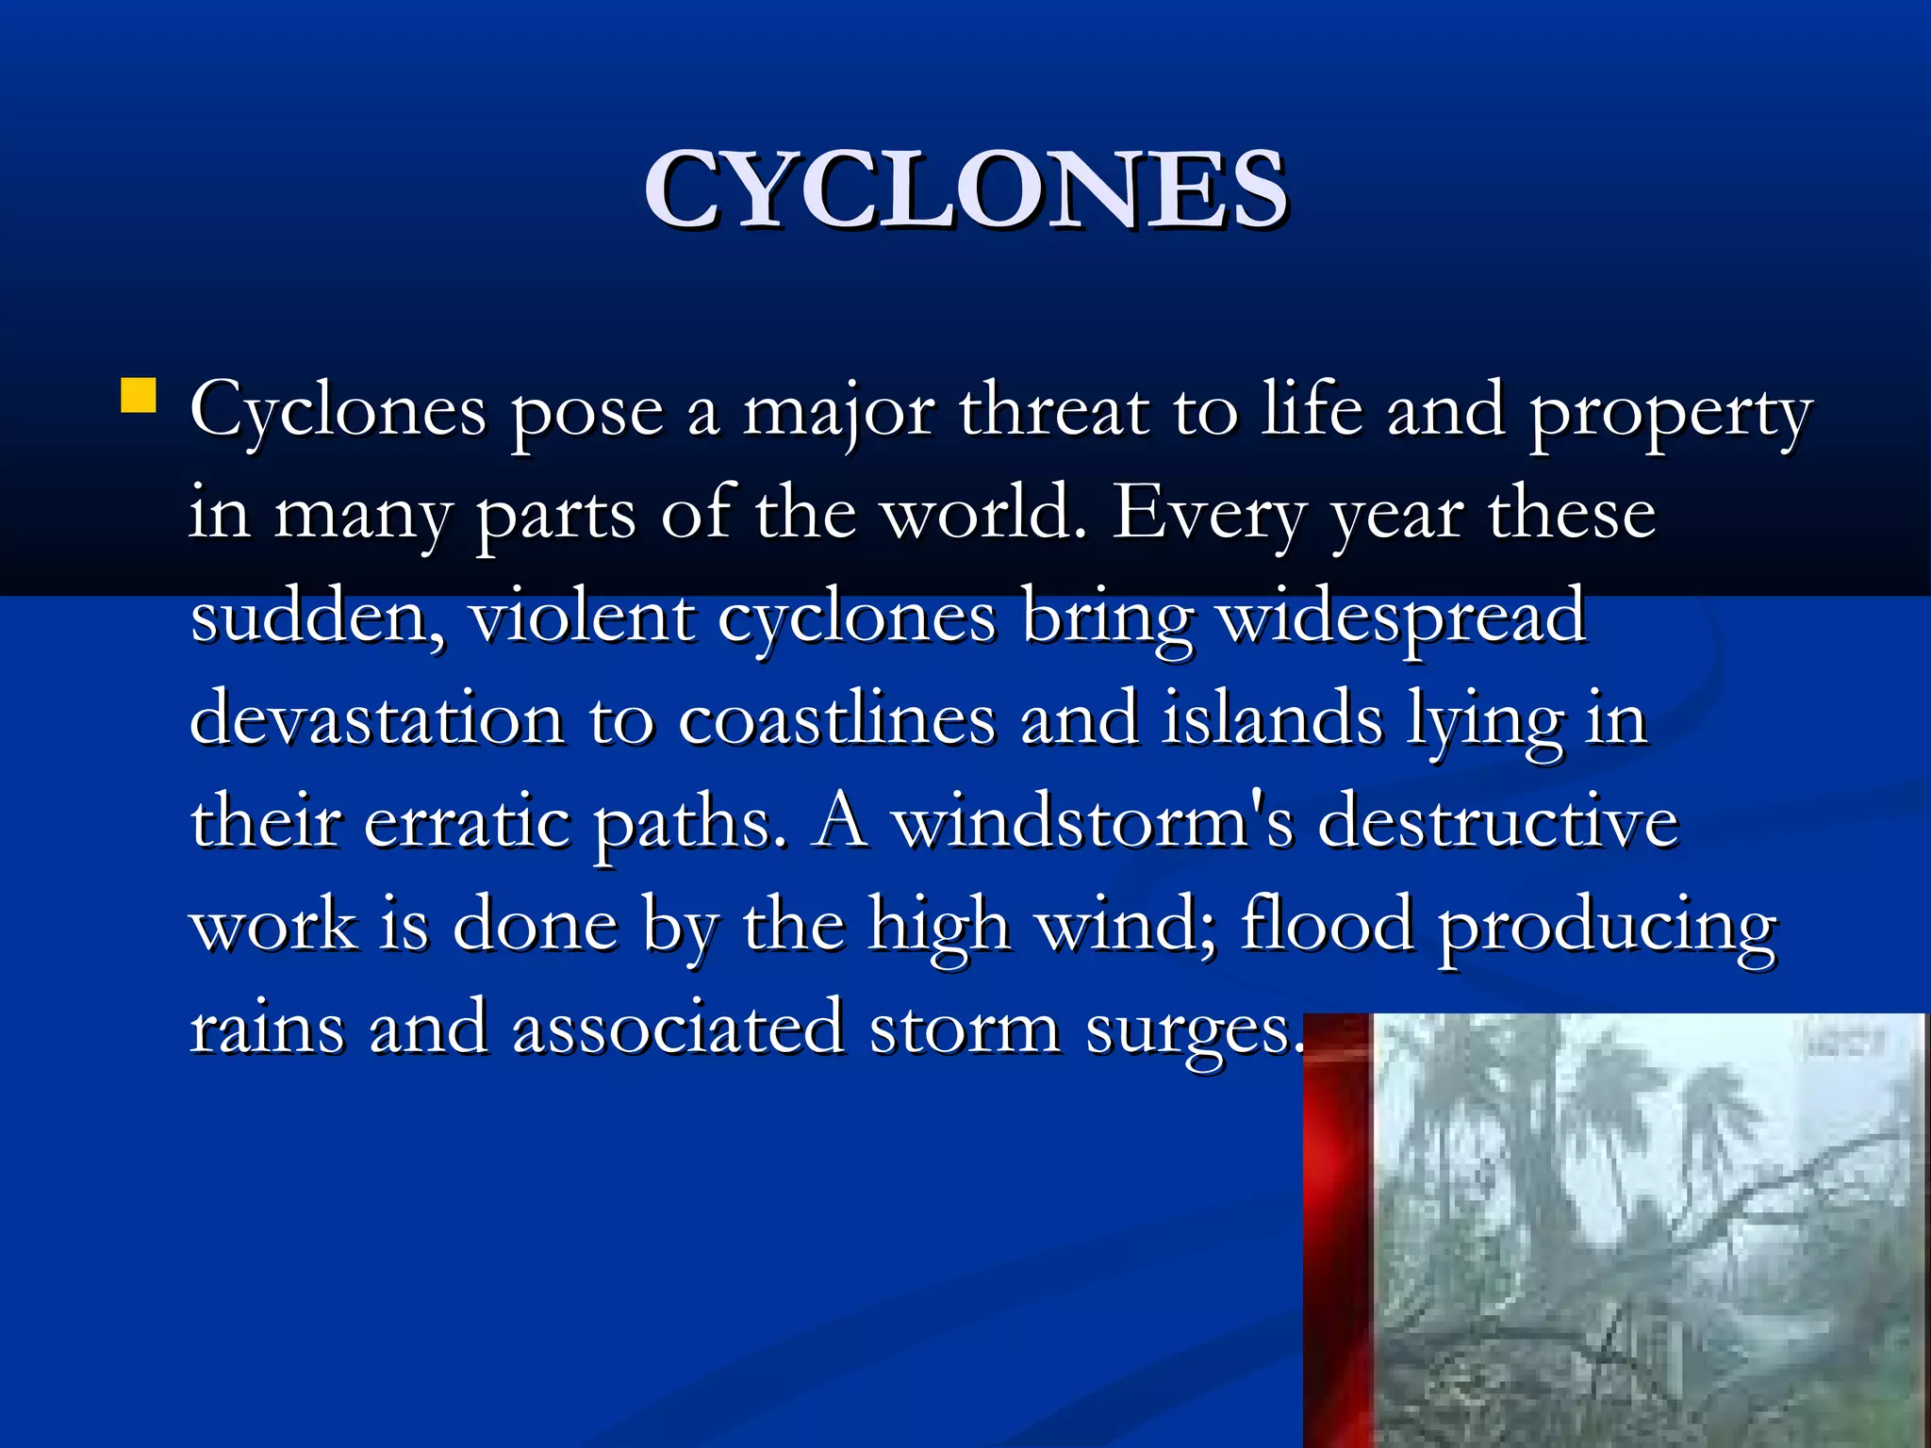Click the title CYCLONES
pos(965,190)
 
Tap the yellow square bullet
pos(139,397)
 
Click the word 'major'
pos(839,413)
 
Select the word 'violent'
pos(581,617)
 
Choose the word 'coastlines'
pos(836,719)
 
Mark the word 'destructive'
pos(1497,822)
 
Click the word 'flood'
pos(1328,925)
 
